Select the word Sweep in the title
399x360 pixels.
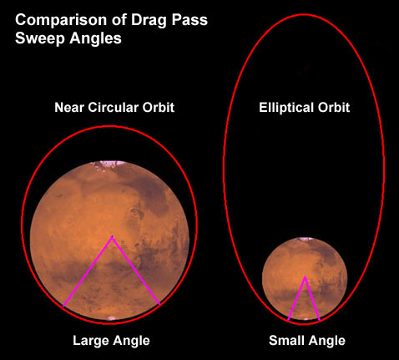(x=40, y=38)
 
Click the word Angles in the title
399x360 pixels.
(x=96, y=38)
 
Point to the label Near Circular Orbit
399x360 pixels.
(x=114, y=107)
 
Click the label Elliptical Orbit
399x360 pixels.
(x=305, y=108)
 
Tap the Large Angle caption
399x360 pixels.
(x=111, y=341)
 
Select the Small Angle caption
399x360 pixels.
(x=307, y=341)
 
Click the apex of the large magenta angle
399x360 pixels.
(x=112, y=237)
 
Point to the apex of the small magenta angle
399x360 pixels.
(x=306, y=277)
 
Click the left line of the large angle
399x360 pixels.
(x=88, y=271)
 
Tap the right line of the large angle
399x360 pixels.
(x=136, y=271)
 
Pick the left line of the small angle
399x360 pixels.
(x=296, y=299)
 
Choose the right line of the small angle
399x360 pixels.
(x=313, y=299)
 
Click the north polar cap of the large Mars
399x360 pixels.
(x=109, y=165)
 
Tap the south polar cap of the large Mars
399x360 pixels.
(x=112, y=318)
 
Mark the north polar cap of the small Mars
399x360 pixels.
(x=305, y=239)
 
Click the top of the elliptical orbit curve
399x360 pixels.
(x=304, y=14)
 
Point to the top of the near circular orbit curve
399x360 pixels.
(x=110, y=127)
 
